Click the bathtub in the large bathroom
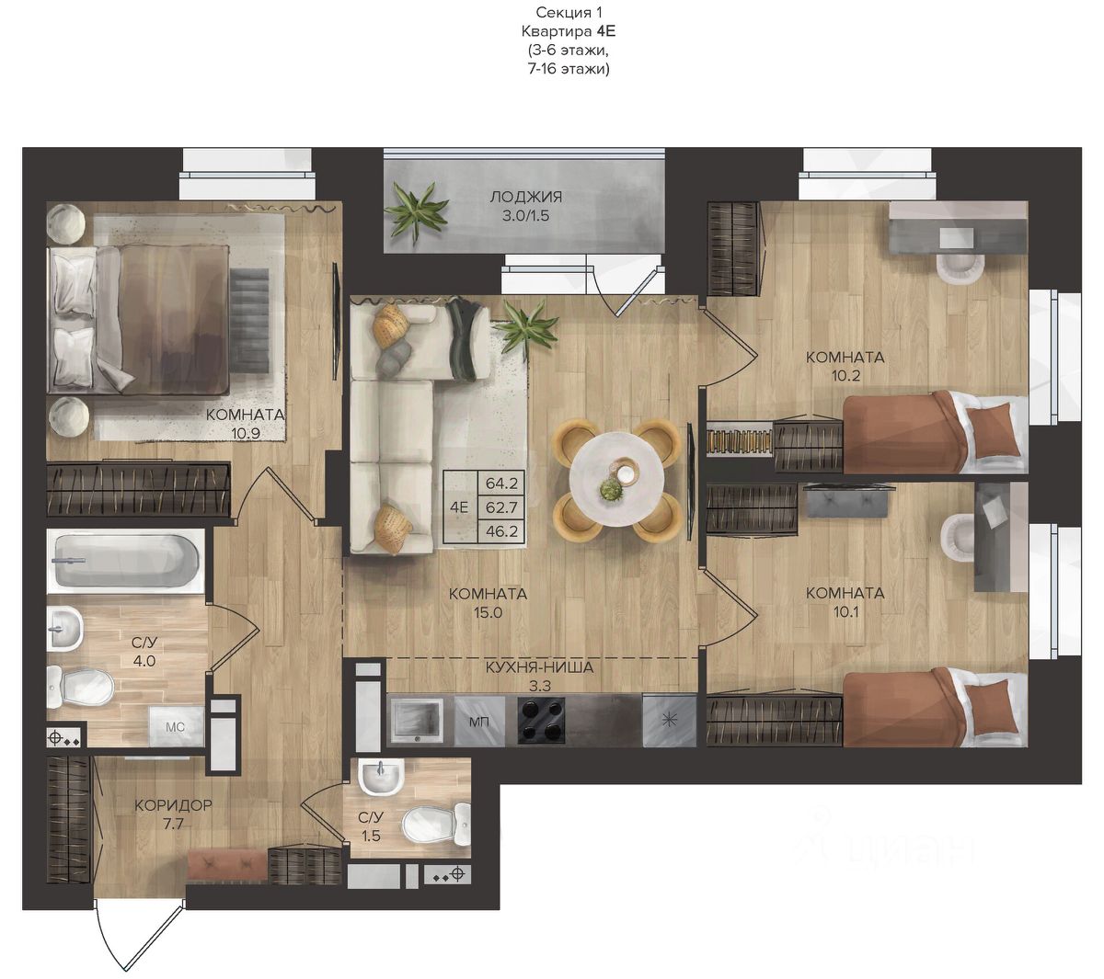(125, 561)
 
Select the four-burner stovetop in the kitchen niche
(541, 722)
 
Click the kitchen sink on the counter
(418, 722)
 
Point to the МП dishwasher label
(479, 722)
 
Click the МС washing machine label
(175, 727)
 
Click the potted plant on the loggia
(416, 213)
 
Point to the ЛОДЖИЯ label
(525, 197)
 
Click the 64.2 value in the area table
(501, 483)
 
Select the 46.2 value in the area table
(501, 531)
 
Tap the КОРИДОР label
(173, 804)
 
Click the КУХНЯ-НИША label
(539, 667)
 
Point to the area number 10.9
(246, 433)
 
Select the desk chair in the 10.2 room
(960, 268)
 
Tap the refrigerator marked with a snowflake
(669, 721)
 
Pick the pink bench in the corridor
(227, 866)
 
